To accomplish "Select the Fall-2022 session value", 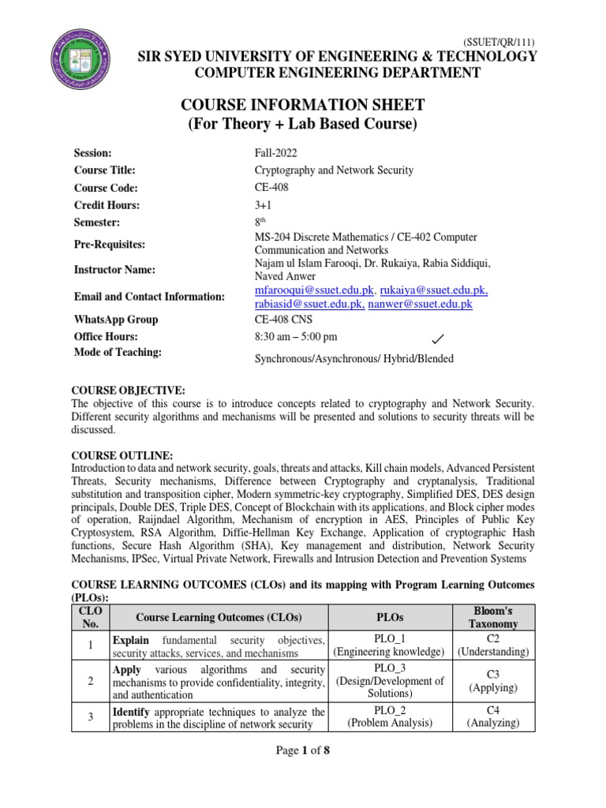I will point(276,152).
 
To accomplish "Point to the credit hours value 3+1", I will point(264,205).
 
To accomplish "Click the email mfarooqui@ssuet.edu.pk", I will point(313,290).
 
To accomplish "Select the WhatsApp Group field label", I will point(116,320).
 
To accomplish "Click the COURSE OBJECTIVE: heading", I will point(129,390).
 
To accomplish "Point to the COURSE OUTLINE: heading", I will point(122,455).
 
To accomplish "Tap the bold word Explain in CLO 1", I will point(131,640).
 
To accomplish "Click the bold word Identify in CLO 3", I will point(133,713).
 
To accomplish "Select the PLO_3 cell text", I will point(388,667).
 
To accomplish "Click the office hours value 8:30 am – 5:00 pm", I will point(295,337).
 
